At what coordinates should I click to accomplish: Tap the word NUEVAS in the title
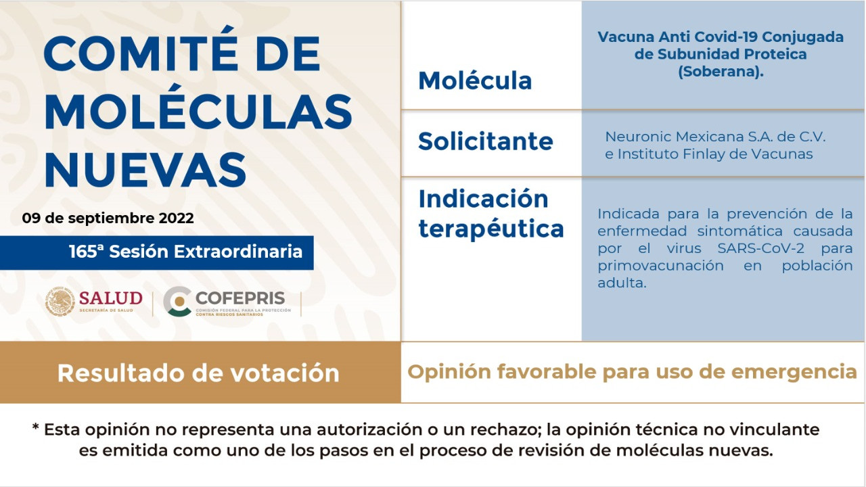tap(145, 170)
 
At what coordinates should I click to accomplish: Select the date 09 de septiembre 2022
tap(108, 218)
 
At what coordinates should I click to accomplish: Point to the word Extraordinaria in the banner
tap(238, 252)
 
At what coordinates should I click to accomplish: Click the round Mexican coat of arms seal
tap(60, 302)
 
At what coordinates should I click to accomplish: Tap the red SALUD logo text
tap(110, 298)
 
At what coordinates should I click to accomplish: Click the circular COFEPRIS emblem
tap(177, 302)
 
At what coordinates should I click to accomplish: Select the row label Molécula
tap(475, 80)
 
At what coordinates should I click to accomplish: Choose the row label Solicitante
tap(486, 141)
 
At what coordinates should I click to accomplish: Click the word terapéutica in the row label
tap(491, 229)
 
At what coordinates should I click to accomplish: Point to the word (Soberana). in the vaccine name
tap(721, 72)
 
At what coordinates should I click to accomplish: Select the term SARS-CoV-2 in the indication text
tap(761, 248)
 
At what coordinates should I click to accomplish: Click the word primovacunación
tap(660, 266)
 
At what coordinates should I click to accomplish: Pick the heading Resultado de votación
tap(198, 373)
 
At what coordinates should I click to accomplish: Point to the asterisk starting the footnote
tap(36, 427)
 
